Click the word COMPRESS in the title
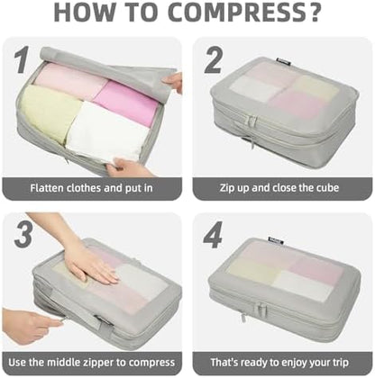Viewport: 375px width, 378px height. tap(237, 13)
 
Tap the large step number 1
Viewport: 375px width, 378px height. tap(22, 59)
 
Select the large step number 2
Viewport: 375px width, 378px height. tap(214, 60)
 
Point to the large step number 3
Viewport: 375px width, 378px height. tap(23, 235)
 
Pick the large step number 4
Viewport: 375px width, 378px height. tap(213, 235)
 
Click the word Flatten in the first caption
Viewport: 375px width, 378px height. tap(47, 188)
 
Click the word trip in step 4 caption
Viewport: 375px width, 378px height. tap(340, 363)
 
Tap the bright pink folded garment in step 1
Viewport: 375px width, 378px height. tap(125, 102)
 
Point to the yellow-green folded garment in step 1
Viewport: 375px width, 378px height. tap(50, 113)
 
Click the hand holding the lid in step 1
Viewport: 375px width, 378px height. tap(172, 83)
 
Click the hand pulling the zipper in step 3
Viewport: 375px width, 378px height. tap(29, 326)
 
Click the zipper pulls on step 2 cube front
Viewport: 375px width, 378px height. tap(252, 121)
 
